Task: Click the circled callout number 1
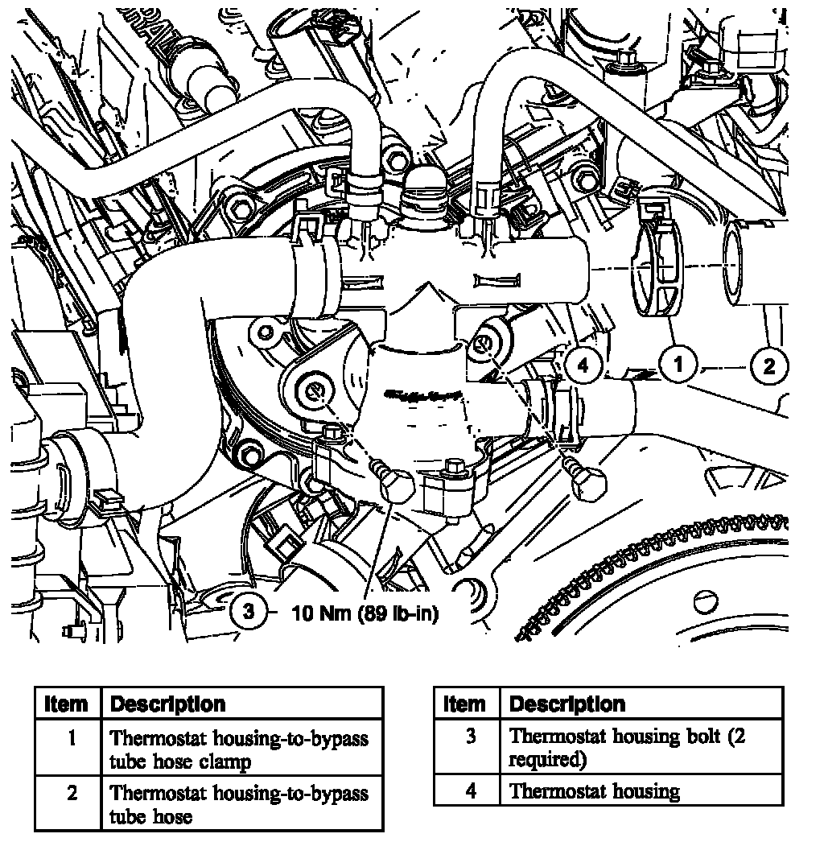[x=678, y=365]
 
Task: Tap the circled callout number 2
[x=768, y=366]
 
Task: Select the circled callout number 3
[x=249, y=612]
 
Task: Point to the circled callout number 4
[x=582, y=366]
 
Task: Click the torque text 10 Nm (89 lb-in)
[x=365, y=613]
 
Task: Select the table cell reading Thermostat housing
[x=595, y=791]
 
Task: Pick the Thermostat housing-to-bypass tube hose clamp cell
[x=239, y=749]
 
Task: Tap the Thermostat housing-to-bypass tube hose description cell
[x=239, y=804]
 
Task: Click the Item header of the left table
[x=67, y=704]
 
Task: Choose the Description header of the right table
[x=567, y=704]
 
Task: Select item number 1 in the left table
[x=71, y=737]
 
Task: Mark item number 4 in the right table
[x=471, y=791]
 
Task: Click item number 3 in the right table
[x=471, y=736]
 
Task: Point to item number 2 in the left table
[x=71, y=793]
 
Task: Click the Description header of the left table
[x=167, y=704]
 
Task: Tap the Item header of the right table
[x=465, y=704]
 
